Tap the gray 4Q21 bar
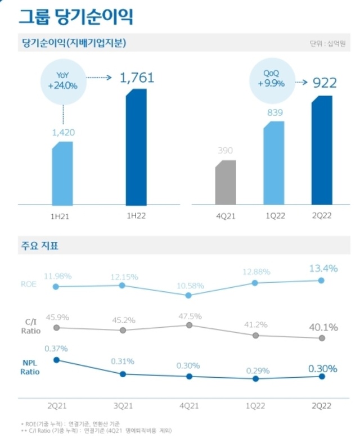click(226, 182)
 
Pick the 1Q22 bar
click(273, 163)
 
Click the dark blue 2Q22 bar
click(323, 151)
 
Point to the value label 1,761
click(137, 78)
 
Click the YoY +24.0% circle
click(63, 82)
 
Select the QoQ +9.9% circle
click(272, 79)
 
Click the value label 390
click(225, 151)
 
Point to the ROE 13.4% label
click(323, 269)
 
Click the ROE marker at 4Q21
click(189, 295)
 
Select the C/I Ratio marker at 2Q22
click(322, 338)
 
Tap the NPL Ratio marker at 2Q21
click(56, 360)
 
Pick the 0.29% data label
click(257, 370)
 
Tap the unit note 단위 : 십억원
click(326, 44)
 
